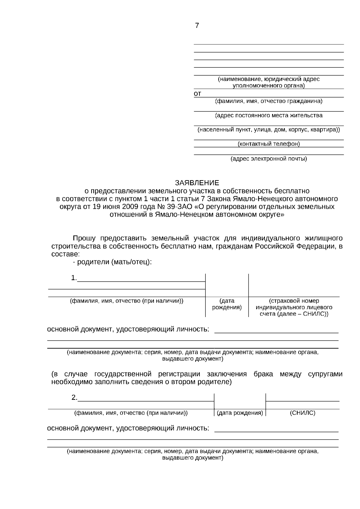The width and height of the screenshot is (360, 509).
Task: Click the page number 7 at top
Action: click(x=197, y=26)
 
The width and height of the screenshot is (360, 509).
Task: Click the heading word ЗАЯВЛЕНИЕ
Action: click(x=197, y=183)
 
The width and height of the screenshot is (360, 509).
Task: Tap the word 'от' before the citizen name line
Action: click(x=197, y=94)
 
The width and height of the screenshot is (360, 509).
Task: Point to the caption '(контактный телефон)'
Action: click(x=269, y=144)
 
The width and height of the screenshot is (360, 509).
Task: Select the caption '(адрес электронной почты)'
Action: click(x=269, y=159)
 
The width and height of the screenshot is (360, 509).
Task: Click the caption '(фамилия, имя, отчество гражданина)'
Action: click(x=269, y=101)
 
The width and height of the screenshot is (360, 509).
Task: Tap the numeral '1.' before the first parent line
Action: click(x=74, y=278)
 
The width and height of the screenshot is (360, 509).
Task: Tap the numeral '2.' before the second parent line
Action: click(x=74, y=398)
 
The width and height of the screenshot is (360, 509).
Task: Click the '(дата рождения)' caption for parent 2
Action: click(x=240, y=413)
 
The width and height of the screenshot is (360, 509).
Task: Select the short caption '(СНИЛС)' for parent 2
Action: click(x=302, y=413)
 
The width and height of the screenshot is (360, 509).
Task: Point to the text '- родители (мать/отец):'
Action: click(x=112, y=262)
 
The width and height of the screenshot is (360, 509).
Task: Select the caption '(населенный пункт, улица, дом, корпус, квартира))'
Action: click(x=269, y=130)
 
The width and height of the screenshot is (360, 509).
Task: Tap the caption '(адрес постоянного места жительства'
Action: click(x=269, y=115)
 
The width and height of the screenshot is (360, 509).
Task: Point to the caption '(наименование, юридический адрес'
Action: click(x=269, y=79)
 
